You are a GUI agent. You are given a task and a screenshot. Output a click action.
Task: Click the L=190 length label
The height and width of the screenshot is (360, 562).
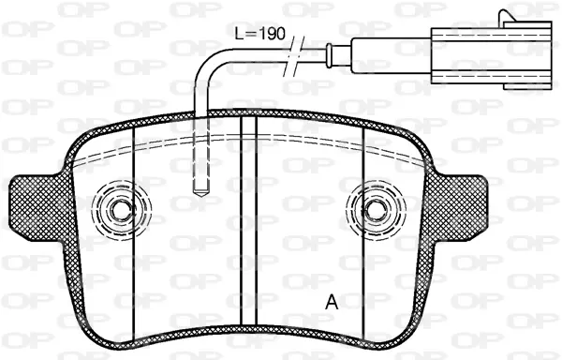pos(259,34)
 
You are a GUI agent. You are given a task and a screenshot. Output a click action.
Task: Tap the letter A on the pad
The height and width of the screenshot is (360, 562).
pos(332,302)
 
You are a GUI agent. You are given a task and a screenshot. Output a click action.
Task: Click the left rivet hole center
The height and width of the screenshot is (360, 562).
pos(121,210)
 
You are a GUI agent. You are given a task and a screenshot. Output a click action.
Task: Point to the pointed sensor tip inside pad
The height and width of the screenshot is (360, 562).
pos(201,192)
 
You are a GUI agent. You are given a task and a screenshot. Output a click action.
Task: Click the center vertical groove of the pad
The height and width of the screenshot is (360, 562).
pos(249,221)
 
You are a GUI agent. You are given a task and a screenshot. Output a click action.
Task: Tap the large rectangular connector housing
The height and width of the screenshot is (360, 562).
pos(491,55)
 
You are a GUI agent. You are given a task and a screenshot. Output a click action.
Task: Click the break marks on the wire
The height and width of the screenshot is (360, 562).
pos(295,56)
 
